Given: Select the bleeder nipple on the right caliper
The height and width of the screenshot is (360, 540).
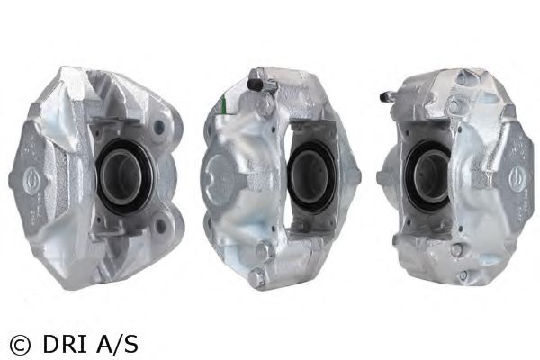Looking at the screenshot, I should click(x=387, y=95).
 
